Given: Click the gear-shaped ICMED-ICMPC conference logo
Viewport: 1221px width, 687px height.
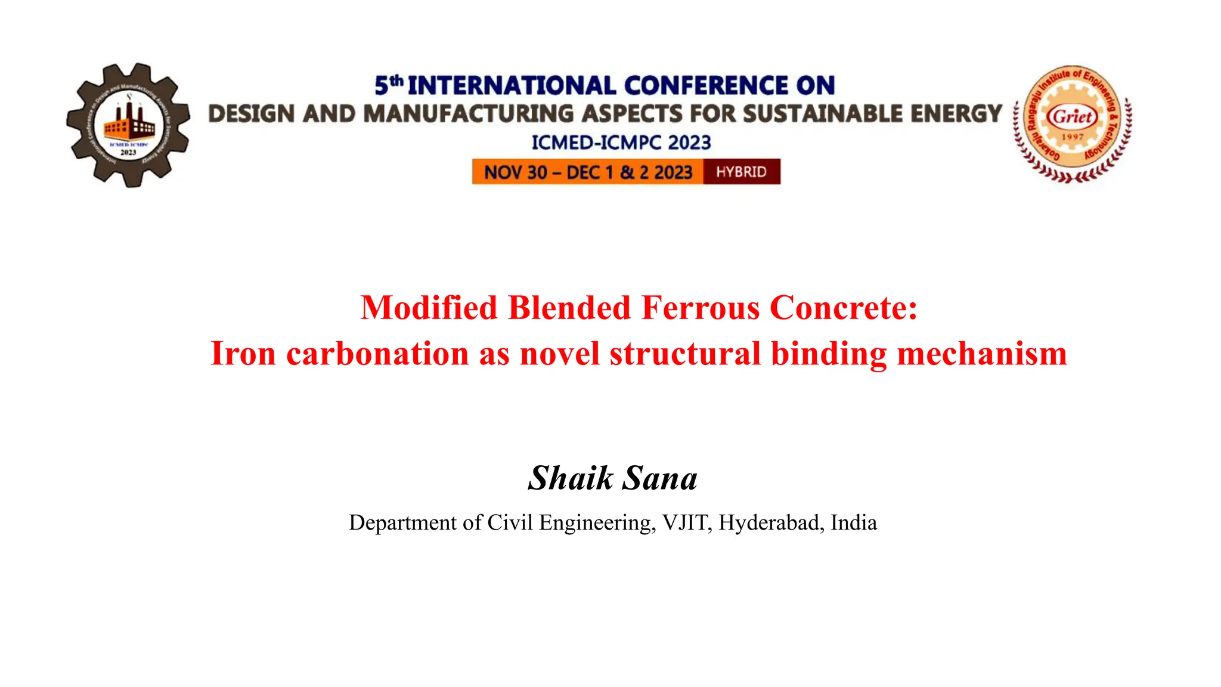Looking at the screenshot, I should click(x=128, y=125).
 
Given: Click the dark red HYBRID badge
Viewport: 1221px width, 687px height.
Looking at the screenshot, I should click(x=741, y=172).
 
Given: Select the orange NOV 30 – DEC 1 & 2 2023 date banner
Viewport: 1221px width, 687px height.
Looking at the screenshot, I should click(x=588, y=172).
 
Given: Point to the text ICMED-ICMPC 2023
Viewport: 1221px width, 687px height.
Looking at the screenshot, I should click(x=621, y=143).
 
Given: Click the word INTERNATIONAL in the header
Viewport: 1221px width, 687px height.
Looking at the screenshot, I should click(x=512, y=86).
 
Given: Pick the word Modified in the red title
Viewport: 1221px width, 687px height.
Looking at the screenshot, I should click(x=429, y=308).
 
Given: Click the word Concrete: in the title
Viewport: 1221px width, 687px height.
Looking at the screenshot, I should click(x=844, y=308).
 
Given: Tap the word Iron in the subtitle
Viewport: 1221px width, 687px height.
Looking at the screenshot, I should click(x=243, y=354).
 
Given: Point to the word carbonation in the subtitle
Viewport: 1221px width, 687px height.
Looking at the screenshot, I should click(x=377, y=354).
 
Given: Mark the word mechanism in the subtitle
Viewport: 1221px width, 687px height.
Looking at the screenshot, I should click(x=981, y=354).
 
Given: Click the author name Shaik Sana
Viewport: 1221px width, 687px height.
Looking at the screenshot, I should click(x=612, y=478).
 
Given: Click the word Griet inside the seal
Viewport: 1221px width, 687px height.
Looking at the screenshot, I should click(x=1073, y=116).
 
